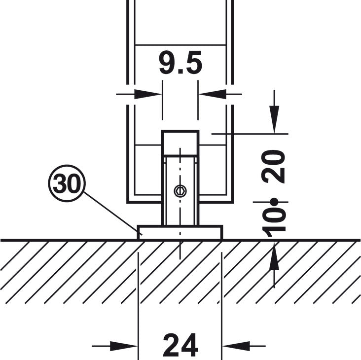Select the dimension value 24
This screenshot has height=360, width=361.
click(180, 344)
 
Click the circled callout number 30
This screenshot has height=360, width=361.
click(67, 184)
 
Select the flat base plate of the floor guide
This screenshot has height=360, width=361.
click(180, 232)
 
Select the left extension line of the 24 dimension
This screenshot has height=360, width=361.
click(139, 296)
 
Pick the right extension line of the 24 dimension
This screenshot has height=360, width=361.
click(222, 296)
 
